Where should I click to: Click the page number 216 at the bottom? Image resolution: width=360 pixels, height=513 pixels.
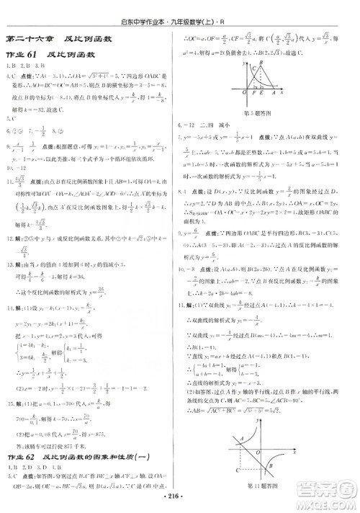coord(180,496)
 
